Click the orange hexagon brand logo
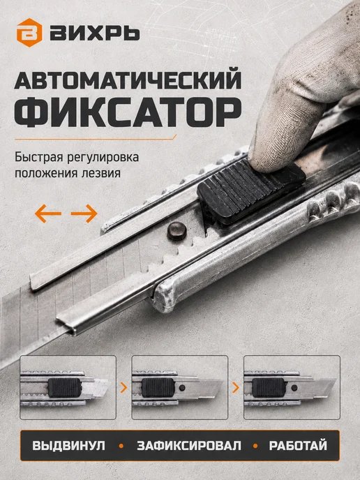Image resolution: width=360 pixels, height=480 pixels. [x=29, y=33]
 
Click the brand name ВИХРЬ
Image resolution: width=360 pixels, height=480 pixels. [x=95, y=33]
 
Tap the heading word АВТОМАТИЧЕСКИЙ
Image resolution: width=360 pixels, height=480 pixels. [x=128, y=80]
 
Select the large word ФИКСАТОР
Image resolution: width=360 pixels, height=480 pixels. [x=128, y=112]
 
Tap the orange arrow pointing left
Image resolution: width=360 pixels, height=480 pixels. [x=47, y=213]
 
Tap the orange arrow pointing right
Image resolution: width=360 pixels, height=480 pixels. [x=84, y=213]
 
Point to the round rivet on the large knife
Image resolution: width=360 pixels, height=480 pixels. [x=177, y=231]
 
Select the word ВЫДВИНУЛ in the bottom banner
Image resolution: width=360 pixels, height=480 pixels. [x=68, y=446]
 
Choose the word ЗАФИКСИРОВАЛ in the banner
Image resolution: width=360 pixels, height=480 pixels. [x=189, y=446]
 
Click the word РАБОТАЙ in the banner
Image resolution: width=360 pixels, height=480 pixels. [x=298, y=446]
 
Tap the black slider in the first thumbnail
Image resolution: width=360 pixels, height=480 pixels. [x=64, y=387]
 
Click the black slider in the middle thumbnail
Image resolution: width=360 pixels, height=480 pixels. [x=158, y=387]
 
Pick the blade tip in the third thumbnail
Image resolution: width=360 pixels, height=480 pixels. [x=335, y=380]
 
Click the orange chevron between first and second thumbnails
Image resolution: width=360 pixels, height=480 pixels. [x=123, y=387]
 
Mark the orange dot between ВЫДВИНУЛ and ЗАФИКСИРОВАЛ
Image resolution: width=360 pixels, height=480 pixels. [x=121, y=446]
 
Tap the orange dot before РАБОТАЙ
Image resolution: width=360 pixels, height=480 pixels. [x=255, y=446]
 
